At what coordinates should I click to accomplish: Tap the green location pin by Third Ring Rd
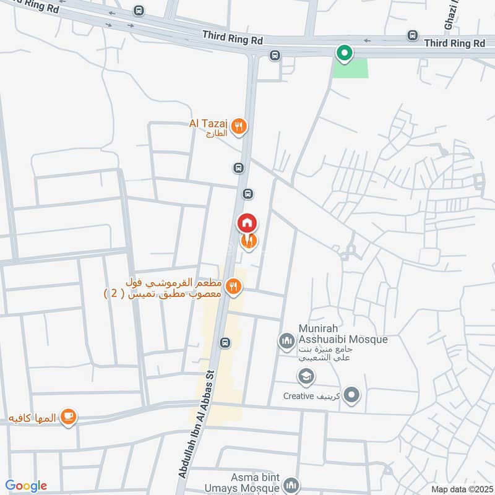coord(344,54)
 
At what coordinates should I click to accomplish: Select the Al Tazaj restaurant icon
coord(240,127)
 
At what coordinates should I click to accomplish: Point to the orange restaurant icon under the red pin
coord(249,242)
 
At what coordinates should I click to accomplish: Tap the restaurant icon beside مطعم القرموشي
coord(233,286)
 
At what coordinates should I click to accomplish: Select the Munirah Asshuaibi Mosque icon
coord(286,340)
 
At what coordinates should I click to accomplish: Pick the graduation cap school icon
coord(305,376)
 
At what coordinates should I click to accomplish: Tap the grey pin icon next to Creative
coord(351,394)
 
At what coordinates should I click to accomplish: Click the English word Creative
coord(299,396)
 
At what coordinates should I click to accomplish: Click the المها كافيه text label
coord(32,418)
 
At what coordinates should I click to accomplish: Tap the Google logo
coord(26,486)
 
